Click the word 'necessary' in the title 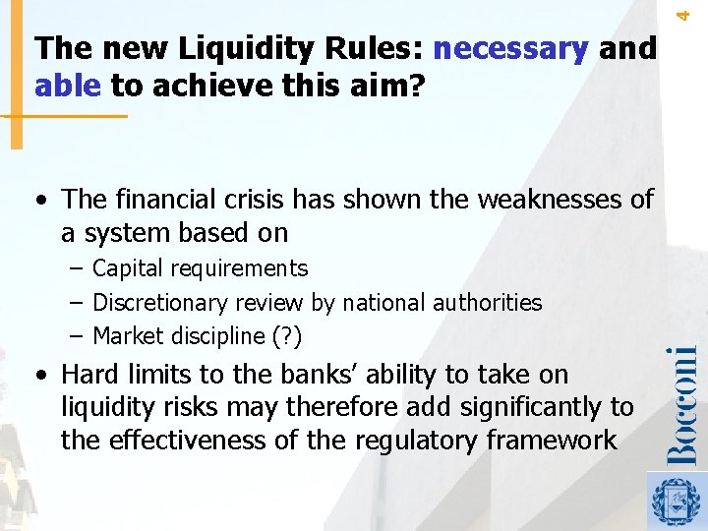[509, 48]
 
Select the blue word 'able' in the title [67, 87]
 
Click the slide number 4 [699, 12]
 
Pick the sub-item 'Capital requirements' [200, 268]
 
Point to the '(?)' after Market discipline [286, 337]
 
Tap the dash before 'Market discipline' [76, 337]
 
